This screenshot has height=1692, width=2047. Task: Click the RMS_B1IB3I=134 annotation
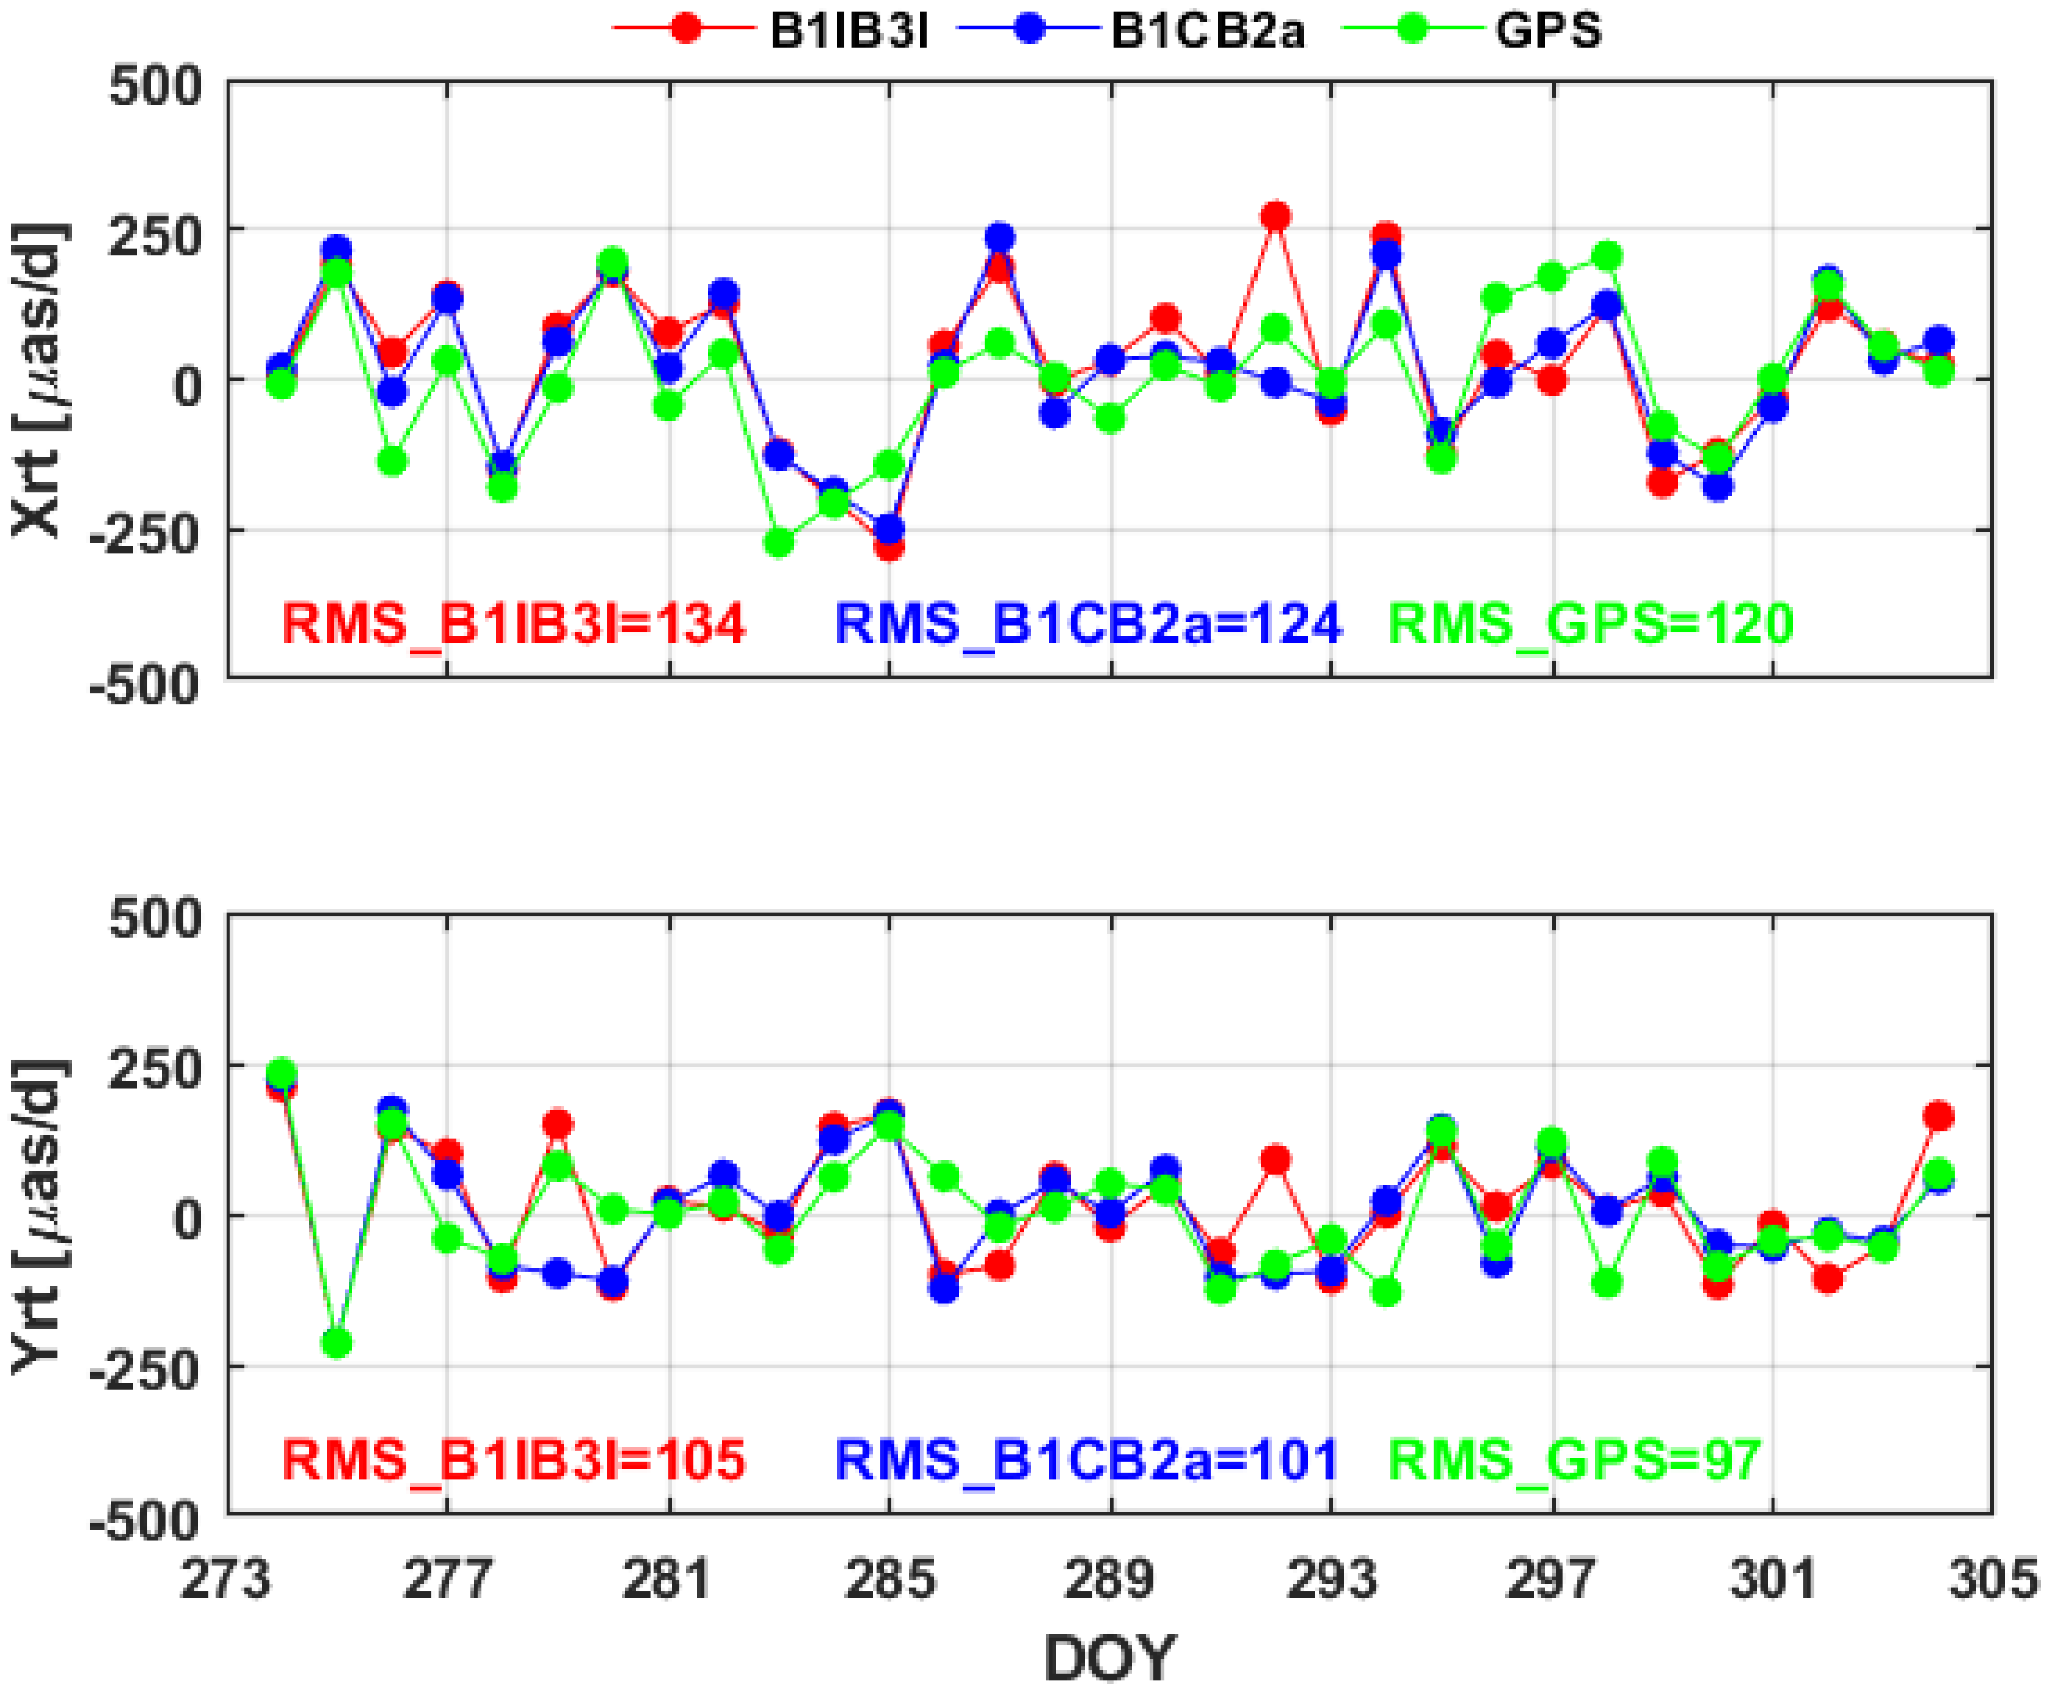point(514,624)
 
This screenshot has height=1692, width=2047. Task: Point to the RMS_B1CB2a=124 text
point(1088,624)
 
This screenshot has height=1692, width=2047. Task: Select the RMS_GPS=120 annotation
point(1590,624)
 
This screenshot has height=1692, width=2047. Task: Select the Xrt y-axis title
point(39,380)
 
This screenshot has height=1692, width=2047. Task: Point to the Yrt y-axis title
point(39,1216)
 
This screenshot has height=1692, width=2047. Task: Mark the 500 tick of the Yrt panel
point(156,918)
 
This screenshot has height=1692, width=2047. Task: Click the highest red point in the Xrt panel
point(1275,216)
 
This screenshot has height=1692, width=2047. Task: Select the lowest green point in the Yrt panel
point(337,1343)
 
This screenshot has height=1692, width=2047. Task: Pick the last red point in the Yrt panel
point(1938,1116)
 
